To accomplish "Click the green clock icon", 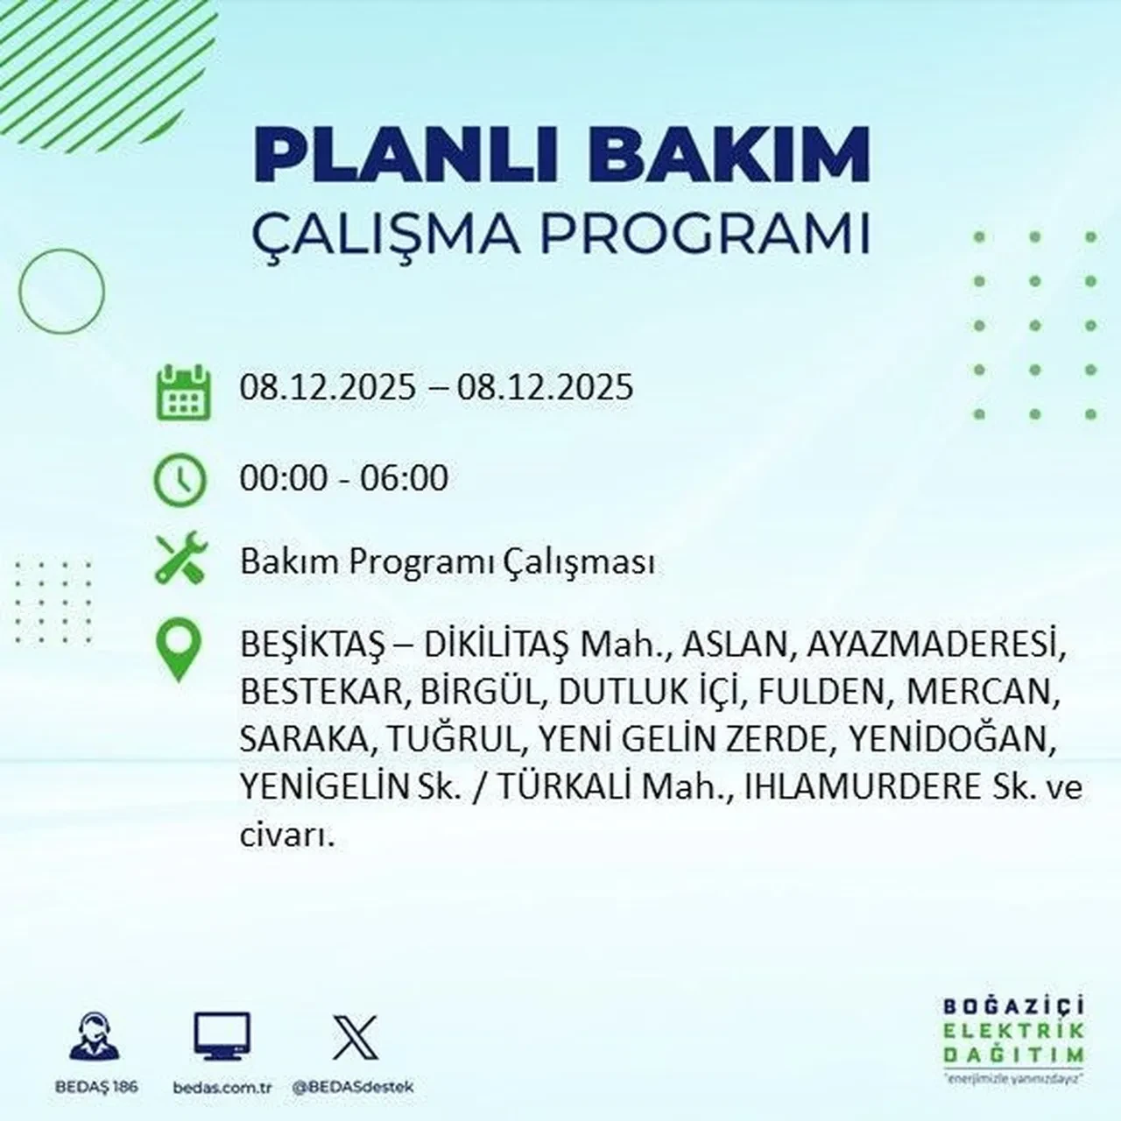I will click(x=180, y=480).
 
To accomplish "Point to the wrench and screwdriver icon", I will click(x=180, y=560).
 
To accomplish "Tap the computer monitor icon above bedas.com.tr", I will click(x=222, y=1038).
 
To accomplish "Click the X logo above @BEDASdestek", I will click(x=355, y=1038).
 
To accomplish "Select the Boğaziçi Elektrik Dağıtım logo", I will click(x=1013, y=1039).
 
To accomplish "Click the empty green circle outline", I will click(x=61, y=291).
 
